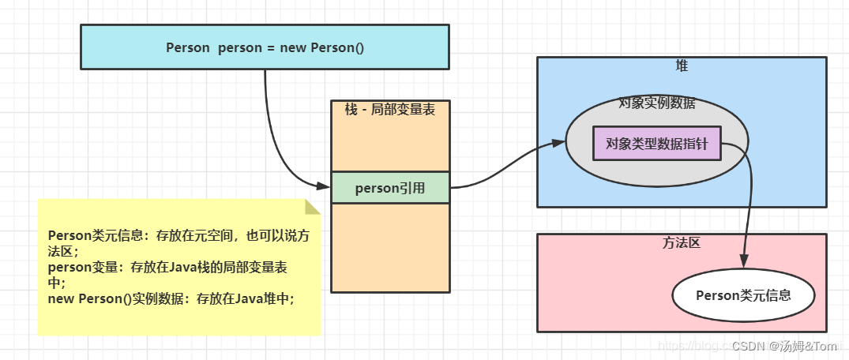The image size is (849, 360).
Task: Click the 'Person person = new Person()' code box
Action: (x=265, y=47)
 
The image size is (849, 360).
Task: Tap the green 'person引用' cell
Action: (x=390, y=188)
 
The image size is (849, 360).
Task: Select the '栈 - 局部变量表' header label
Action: (x=390, y=110)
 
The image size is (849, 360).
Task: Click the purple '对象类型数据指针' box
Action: (x=656, y=144)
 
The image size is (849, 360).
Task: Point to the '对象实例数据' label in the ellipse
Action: (x=656, y=103)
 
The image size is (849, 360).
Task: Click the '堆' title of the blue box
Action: (x=682, y=66)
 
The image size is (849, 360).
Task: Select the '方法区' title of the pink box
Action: (x=682, y=243)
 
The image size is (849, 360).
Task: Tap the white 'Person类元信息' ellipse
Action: (x=743, y=295)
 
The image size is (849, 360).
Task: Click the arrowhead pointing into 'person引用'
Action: (x=324, y=186)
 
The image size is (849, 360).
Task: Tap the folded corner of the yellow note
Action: (x=313, y=207)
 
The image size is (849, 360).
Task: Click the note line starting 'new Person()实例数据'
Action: (x=171, y=299)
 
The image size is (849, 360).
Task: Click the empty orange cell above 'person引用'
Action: (x=390, y=146)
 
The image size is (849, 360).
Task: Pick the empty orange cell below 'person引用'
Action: (x=390, y=247)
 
